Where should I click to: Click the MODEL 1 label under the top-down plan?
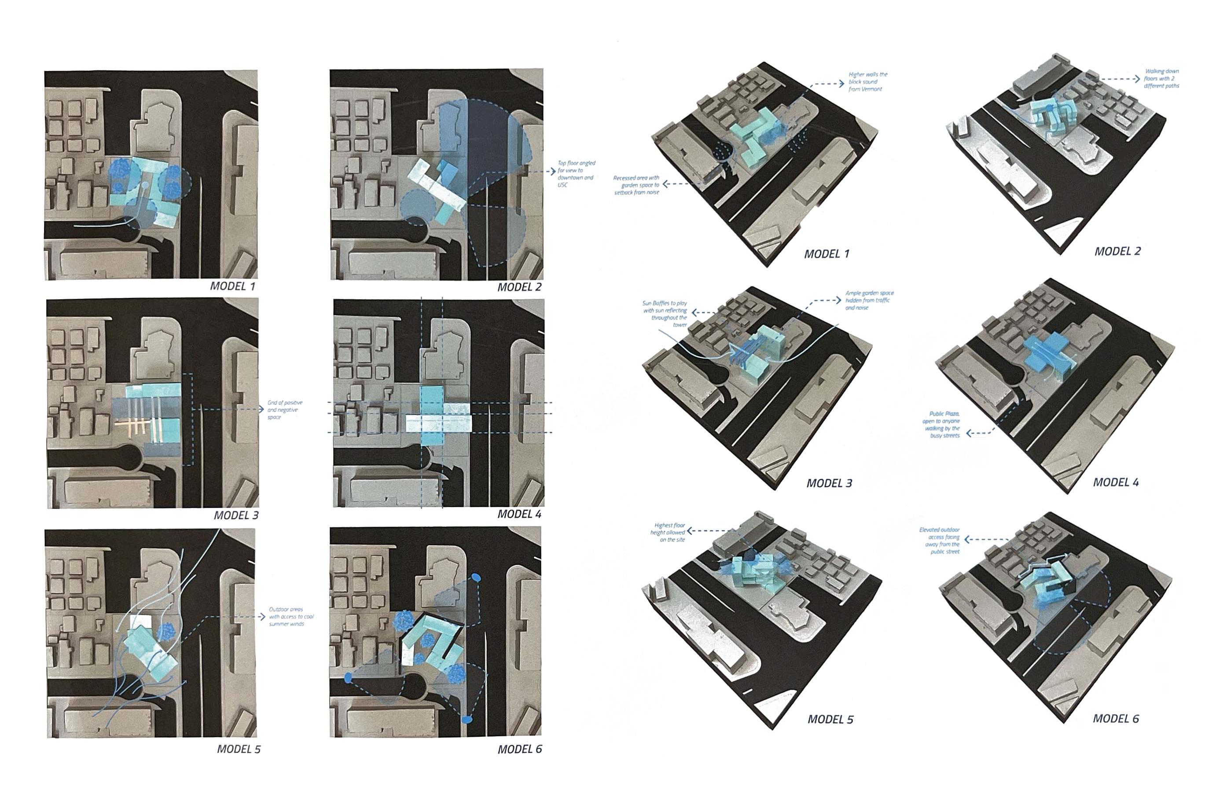(x=232, y=286)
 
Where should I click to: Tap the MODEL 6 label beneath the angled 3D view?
(x=1115, y=718)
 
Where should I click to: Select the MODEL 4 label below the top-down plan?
(x=519, y=514)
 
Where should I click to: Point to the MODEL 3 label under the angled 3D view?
(x=829, y=483)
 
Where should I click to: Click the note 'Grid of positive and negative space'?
(x=285, y=410)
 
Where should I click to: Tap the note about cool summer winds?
(x=291, y=616)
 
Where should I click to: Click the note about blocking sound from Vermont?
(x=868, y=82)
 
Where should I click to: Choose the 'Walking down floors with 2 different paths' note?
(x=1161, y=79)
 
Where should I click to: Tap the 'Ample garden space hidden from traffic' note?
(x=869, y=301)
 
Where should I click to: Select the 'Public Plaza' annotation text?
(x=941, y=425)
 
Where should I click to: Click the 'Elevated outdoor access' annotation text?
(x=940, y=541)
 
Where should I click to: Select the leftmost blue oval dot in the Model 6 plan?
(x=349, y=678)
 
